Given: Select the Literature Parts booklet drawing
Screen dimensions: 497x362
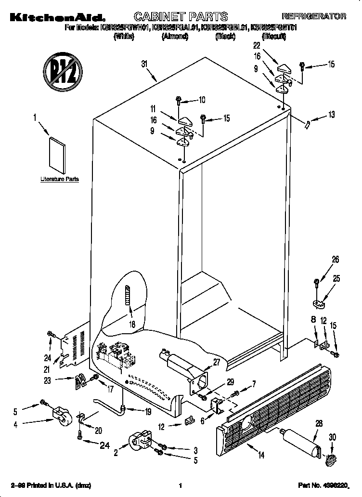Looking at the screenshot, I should [x=58, y=155].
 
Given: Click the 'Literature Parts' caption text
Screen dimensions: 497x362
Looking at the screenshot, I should [x=59, y=179].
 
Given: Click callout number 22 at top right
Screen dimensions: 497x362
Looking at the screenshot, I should [x=256, y=46].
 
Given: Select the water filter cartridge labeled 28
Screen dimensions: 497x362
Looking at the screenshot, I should [x=301, y=437].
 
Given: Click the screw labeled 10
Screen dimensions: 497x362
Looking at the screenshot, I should [x=179, y=101].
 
